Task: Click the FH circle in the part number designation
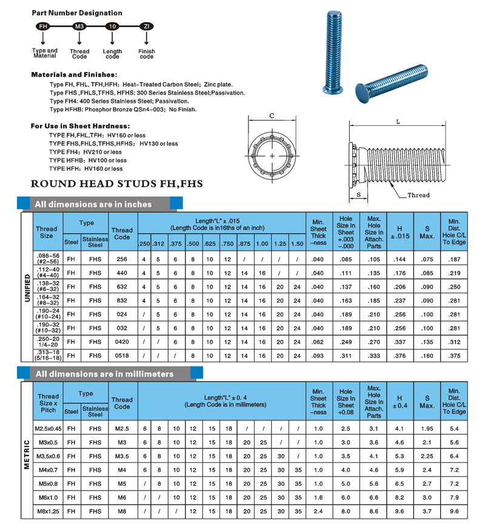43,27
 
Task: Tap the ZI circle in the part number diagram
146,27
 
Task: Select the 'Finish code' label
146,54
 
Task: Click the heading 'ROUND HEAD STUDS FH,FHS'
116,184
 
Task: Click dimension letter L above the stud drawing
398,121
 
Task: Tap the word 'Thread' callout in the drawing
418,195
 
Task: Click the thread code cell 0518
122,356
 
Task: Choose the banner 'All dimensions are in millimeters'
104,374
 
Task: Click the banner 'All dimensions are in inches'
93,204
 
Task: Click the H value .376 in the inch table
399,356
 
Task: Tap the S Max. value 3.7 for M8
427,512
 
